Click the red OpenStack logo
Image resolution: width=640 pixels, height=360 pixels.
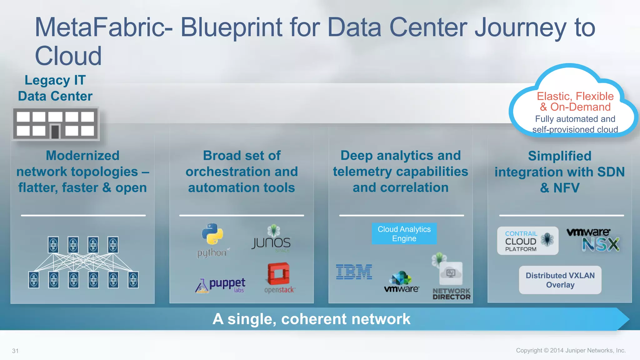(278, 274)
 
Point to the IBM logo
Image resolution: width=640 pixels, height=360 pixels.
(354, 272)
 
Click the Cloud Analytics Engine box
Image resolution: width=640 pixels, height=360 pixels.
(404, 234)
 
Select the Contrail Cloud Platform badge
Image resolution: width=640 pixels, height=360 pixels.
(527, 241)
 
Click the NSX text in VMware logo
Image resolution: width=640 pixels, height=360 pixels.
(600, 244)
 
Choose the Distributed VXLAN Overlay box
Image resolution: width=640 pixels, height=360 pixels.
(560, 280)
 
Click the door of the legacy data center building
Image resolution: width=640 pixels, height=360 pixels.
(55, 131)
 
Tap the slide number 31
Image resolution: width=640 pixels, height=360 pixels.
(15, 351)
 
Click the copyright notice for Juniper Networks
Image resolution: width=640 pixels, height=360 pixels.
(571, 350)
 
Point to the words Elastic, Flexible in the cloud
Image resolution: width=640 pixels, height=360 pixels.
(575, 96)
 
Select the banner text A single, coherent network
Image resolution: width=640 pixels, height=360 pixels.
(311, 319)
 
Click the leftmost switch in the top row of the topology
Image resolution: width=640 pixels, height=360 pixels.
(53, 245)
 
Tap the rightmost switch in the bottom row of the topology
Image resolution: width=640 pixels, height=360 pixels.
(133, 280)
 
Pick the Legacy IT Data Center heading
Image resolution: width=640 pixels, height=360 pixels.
(55, 88)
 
